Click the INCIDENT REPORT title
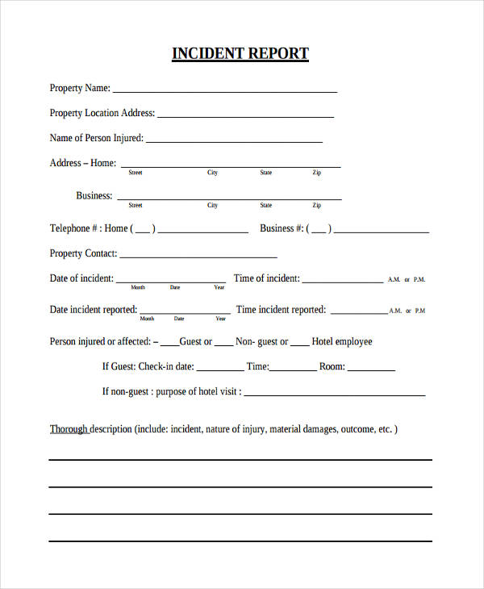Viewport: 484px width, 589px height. (240, 54)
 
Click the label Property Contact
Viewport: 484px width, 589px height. (83, 253)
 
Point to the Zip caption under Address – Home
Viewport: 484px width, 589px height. (317, 173)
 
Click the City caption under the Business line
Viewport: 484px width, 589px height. (212, 205)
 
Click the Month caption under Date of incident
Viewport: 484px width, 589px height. (138, 287)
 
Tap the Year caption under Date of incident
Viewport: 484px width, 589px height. (219, 287)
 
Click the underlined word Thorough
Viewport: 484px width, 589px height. (69, 429)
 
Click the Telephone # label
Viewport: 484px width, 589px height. (75, 228)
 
